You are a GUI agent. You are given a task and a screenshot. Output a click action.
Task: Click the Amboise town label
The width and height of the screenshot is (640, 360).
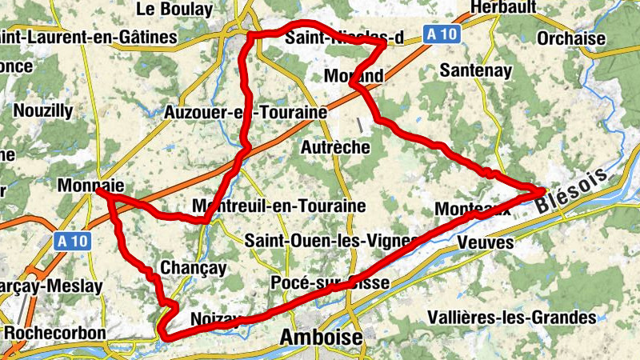[321, 338]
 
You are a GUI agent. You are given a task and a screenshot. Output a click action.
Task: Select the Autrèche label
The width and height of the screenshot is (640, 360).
[335, 148]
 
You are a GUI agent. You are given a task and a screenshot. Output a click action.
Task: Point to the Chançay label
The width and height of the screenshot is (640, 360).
[193, 267]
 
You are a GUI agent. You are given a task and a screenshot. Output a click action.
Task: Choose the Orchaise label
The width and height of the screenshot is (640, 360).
[572, 38]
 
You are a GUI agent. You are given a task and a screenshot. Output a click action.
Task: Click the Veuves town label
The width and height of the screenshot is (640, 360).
[486, 242]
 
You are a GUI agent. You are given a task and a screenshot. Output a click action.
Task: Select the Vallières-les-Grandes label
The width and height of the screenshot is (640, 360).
[512, 318]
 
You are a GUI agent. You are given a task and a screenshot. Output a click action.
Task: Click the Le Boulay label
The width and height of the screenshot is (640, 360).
[175, 10]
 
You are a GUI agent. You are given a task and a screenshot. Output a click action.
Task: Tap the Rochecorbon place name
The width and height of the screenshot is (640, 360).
[54, 332]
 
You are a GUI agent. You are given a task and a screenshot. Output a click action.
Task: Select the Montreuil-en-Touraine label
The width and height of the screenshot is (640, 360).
[279, 206]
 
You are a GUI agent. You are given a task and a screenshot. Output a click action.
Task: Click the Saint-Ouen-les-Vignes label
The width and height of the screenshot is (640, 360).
[331, 240]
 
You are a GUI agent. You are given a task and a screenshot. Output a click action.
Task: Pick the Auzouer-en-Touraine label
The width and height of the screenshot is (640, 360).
[245, 112]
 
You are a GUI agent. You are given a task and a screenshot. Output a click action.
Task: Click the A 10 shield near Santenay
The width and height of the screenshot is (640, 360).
[440, 34]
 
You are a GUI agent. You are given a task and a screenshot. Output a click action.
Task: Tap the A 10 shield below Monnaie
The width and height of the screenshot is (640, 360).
[73, 240]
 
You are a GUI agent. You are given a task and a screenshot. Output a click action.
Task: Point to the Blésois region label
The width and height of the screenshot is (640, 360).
[574, 190]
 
